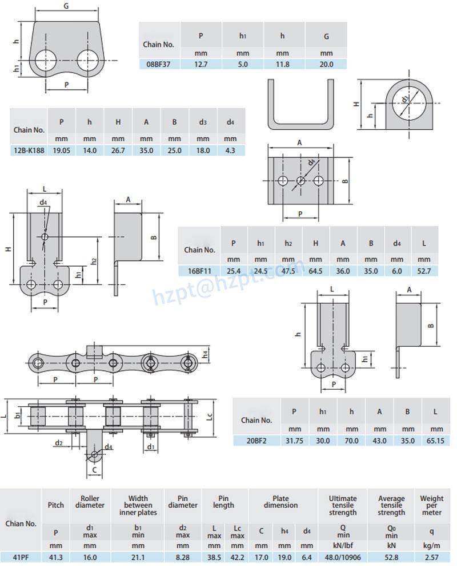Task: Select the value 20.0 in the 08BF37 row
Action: point(326,64)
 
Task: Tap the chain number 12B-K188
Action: point(29,151)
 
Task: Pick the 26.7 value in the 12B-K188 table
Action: point(118,151)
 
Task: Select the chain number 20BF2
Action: point(256,441)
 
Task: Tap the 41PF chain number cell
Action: point(21,556)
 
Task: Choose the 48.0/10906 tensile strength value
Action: point(343,556)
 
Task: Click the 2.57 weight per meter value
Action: point(432,556)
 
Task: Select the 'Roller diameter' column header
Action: point(90,501)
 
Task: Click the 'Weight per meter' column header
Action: point(432,506)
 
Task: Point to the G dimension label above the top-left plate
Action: point(66,6)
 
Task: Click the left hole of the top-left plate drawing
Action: point(45,60)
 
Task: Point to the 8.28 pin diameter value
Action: point(182,556)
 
